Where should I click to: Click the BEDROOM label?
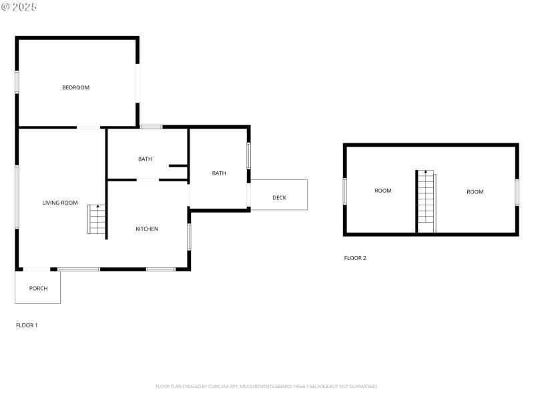click(75, 87)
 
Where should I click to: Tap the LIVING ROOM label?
click(60, 203)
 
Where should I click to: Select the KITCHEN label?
click(147, 229)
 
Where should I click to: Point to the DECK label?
click(279, 197)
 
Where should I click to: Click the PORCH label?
click(38, 288)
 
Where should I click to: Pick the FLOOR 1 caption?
click(27, 325)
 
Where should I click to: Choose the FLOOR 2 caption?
click(355, 258)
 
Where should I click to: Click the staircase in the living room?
click(97, 219)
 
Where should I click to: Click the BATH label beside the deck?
click(219, 173)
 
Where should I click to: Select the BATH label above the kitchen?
click(145, 159)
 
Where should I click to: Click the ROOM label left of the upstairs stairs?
click(383, 191)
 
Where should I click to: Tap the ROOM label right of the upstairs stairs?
click(475, 192)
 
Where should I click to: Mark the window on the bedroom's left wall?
click(17, 82)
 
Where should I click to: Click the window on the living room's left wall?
click(17, 197)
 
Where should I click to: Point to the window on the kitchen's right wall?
click(190, 237)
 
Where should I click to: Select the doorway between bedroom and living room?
click(89, 127)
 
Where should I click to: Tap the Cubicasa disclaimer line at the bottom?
click(267, 386)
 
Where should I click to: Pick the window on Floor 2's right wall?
click(517, 192)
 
